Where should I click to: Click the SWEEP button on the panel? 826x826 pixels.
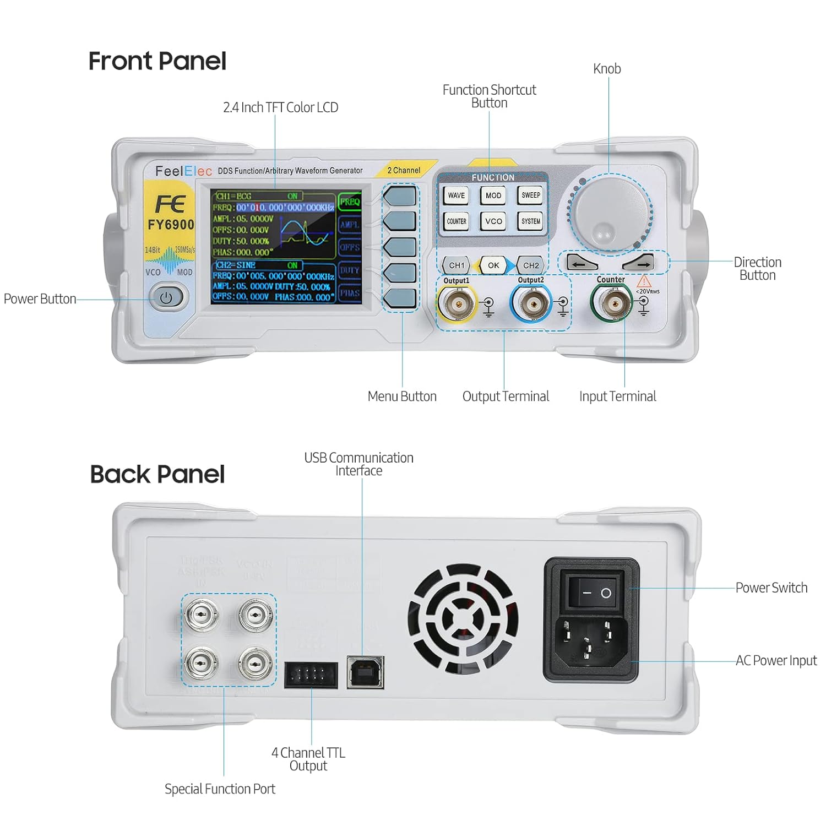tap(530, 195)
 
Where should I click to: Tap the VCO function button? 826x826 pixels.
tap(493, 221)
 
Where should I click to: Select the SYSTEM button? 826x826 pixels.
tap(530, 221)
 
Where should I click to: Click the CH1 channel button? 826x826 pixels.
tap(457, 265)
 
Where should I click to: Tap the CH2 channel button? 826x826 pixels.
tap(531, 265)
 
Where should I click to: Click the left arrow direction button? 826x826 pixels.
tap(582, 263)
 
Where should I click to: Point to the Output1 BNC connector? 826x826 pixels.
tap(457, 304)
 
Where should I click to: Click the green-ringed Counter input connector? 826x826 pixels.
tap(611, 303)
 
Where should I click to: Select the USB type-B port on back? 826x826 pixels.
tap(365, 672)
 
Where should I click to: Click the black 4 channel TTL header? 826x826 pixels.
tap(311, 675)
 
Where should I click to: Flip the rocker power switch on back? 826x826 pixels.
tap(597, 593)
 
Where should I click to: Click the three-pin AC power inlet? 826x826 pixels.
tap(587, 640)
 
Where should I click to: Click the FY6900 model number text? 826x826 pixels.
tap(171, 225)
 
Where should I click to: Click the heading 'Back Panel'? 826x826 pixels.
tap(157, 474)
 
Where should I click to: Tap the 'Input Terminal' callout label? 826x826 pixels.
tap(617, 396)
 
